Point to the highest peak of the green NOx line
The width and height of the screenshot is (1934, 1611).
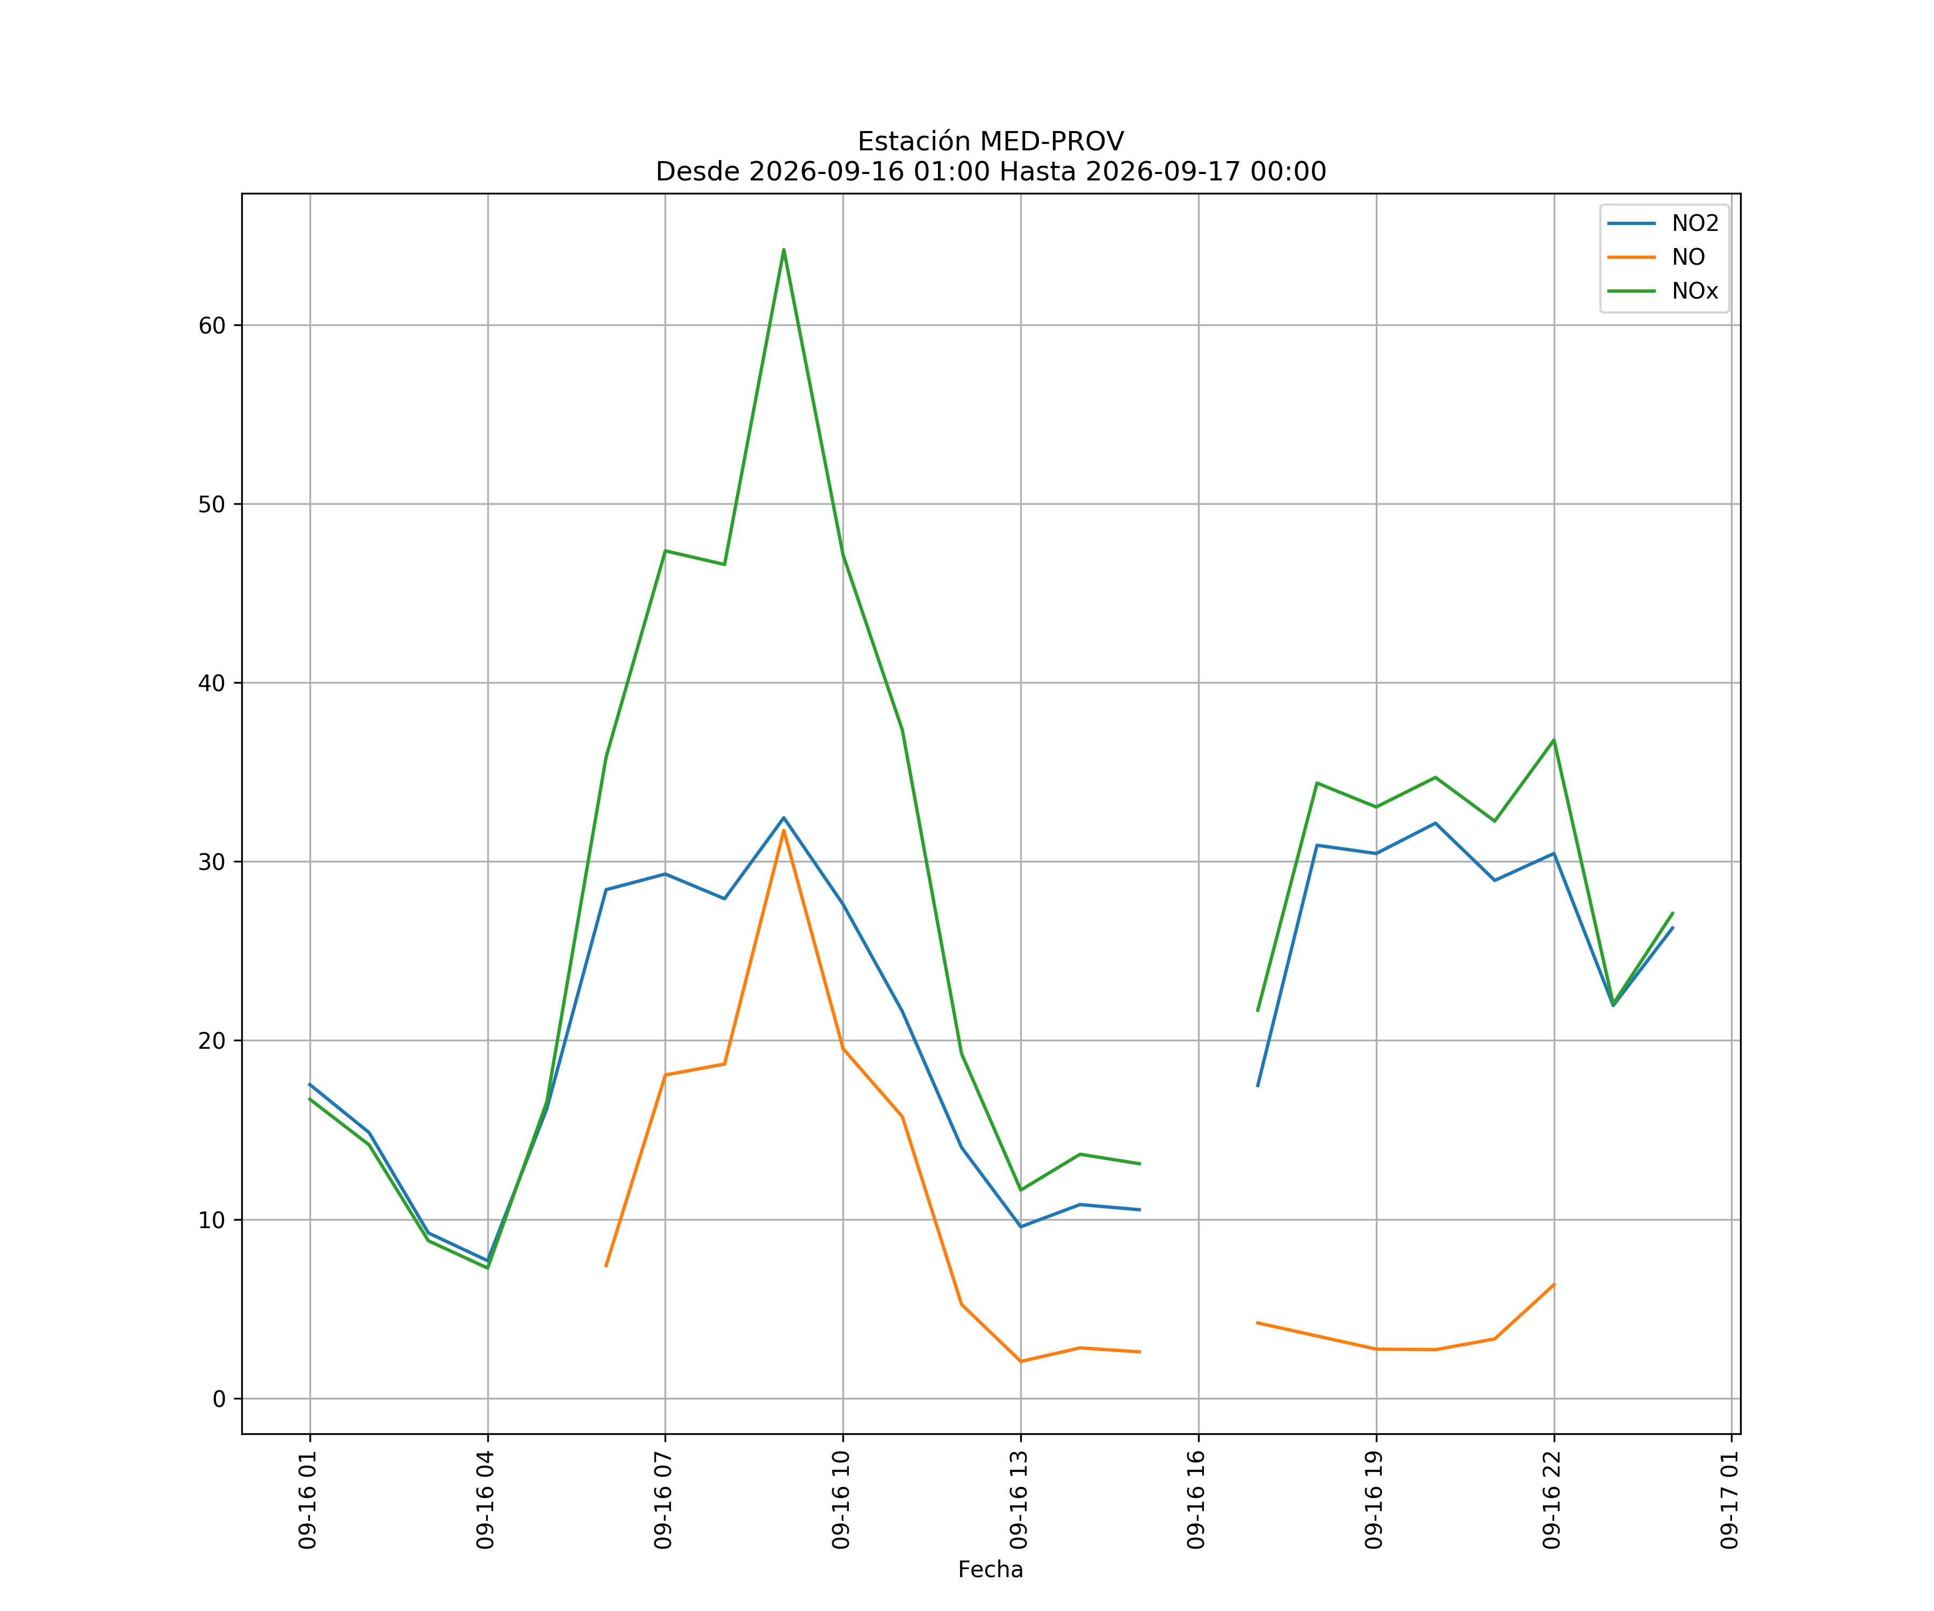784,250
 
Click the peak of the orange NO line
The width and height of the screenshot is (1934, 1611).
784,830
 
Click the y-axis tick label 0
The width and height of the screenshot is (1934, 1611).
219,1399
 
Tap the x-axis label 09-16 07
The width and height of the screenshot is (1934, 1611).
664,1500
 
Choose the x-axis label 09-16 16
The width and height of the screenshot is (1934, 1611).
1197,1500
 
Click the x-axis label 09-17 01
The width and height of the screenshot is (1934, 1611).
1730,1500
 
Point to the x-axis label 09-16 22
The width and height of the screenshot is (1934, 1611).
1553,1500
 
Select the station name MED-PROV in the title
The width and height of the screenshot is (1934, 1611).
1052,142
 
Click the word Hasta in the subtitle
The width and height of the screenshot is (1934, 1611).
1038,172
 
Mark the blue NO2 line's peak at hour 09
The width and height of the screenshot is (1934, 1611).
784,817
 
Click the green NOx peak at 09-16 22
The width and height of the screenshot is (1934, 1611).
1554,740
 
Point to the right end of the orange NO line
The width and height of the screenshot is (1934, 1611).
1554,1284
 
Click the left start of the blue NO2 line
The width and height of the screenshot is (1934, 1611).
309,1084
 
